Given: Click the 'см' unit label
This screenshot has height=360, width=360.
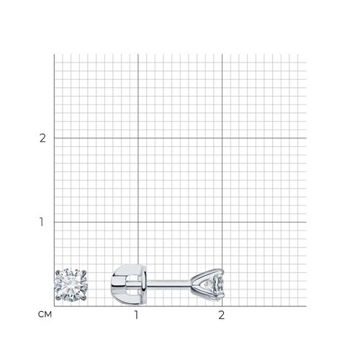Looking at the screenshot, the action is point(45,315).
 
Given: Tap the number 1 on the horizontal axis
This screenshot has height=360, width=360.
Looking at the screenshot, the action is point(137,315).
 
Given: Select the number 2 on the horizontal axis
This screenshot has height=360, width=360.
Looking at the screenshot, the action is point(222,315).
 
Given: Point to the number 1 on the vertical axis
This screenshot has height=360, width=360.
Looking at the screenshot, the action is point(42,222).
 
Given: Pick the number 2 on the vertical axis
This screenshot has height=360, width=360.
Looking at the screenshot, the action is point(42,138).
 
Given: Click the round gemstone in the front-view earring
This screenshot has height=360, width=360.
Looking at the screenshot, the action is point(71,285).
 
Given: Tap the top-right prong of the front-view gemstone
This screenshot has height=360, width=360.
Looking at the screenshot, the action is point(84,272).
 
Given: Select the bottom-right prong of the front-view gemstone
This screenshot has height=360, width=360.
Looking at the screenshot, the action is point(84,298).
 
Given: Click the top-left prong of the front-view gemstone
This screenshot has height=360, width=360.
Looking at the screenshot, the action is point(58,273).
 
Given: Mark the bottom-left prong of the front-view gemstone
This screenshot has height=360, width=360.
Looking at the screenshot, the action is point(58,298).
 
